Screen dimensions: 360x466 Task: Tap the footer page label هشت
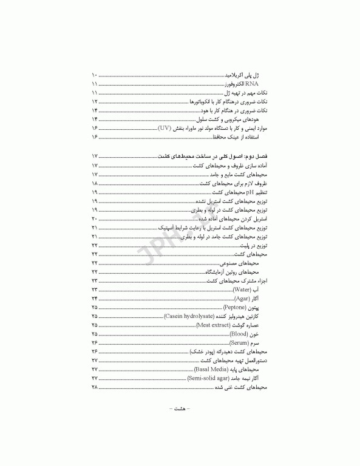pos(179,427)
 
